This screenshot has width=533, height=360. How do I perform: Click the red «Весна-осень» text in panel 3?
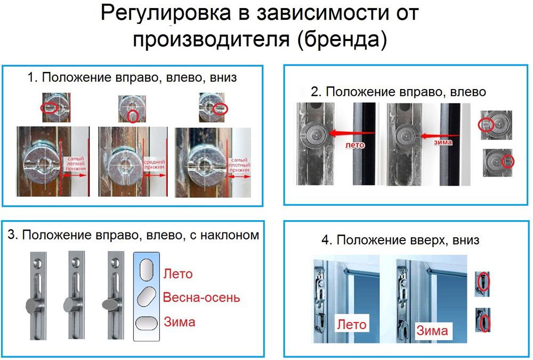pyautogui.click(x=201, y=298)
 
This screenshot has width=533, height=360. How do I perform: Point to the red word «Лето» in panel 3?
pyautogui.click(x=178, y=274)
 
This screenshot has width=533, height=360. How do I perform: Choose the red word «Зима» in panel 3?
pyautogui.click(x=179, y=322)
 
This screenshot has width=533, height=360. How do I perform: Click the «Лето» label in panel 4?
pyautogui.click(x=351, y=324)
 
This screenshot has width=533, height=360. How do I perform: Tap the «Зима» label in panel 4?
pyautogui.click(x=432, y=330)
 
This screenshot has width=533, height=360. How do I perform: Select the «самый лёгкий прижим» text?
pyautogui.click(x=75, y=164)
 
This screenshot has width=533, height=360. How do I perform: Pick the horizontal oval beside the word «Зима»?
pyautogui.click(x=146, y=323)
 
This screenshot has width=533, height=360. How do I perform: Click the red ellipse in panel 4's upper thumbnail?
pyautogui.click(x=483, y=281)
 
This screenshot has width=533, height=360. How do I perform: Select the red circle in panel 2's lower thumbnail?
pyautogui.click(x=508, y=161)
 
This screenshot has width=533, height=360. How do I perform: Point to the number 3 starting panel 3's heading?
pyautogui.click(x=11, y=235)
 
